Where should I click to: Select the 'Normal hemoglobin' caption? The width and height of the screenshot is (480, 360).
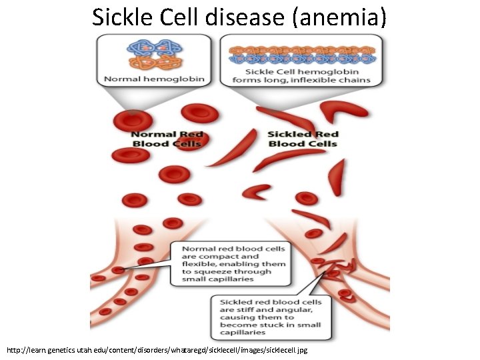[x=154, y=79]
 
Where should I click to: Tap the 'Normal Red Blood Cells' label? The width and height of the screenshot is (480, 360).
[x=167, y=139]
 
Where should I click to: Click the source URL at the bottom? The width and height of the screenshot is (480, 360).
[x=157, y=350]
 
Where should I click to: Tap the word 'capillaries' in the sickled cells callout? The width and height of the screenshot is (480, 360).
[x=243, y=333]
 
